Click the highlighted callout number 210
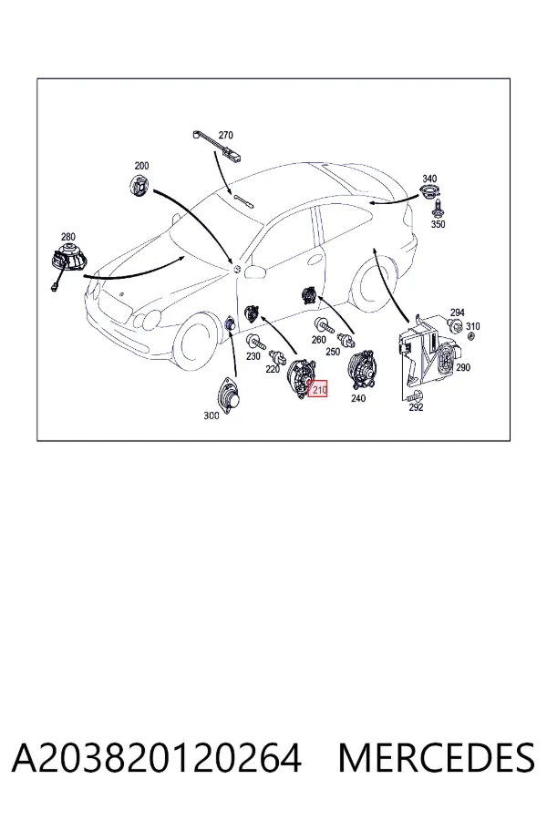pos(319,390)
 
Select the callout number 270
pos(225,135)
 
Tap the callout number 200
pos(141,166)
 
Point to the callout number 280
pos(68,237)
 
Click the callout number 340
pos(429,179)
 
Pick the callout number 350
pos(438,224)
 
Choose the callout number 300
pos(211,415)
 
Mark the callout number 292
pos(416,407)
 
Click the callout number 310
pos(472,326)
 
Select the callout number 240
pos(358,398)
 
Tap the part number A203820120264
pos(157,758)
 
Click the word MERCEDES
pos(437,758)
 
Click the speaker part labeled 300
pos(229,397)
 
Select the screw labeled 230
pos(256,342)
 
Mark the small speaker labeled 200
pos(139,185)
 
